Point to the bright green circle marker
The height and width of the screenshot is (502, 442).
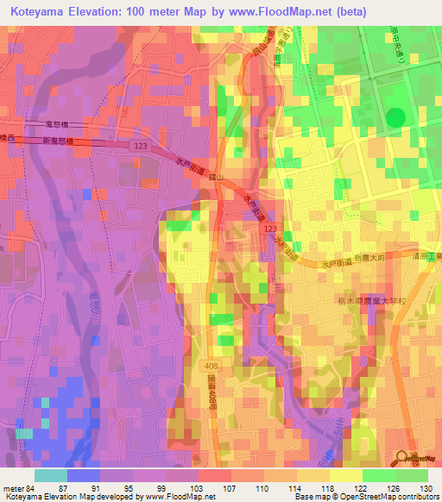pos(395,116)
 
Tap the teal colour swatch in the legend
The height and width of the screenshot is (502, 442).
pos(50,475)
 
